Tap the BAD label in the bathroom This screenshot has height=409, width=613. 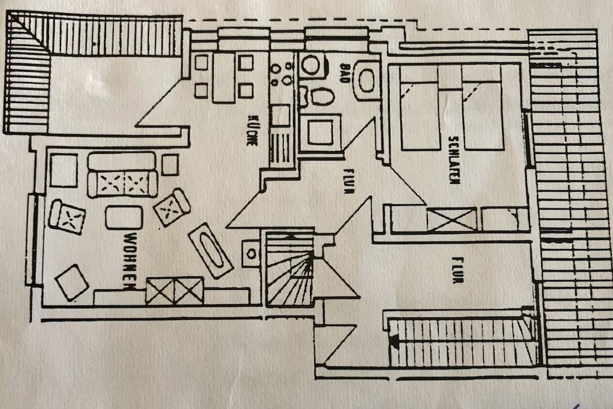(345, 71)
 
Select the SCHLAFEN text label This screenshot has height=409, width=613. (453, 159)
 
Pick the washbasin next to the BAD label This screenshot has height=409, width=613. (366, 80)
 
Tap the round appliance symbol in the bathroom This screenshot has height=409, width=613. (311, 65)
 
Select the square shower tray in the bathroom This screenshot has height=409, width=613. (320, 132)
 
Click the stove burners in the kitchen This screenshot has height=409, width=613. (280, 75)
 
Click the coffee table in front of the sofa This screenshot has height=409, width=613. (124, 217)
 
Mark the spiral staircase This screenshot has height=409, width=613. (290, 269)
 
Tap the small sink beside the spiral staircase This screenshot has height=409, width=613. (251, 253)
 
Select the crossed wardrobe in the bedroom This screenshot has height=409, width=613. (452, 219)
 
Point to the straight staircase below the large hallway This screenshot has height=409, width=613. (461, 343)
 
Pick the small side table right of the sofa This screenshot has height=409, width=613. (170, 165)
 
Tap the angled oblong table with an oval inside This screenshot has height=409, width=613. (211, 250)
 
